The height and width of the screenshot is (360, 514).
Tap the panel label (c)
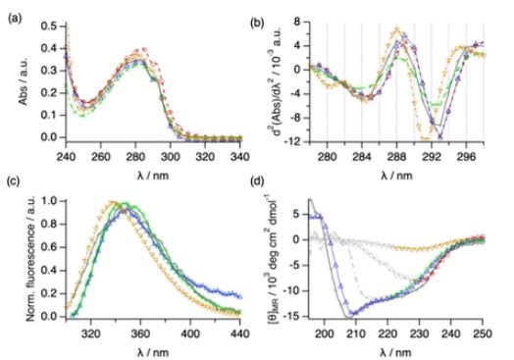(x=13, y=188)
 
